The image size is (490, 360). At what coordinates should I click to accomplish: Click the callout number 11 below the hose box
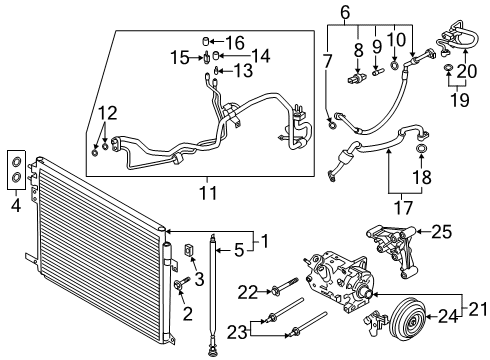[x=208, y=193]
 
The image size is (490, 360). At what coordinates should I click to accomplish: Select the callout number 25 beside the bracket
[x=442, y=232]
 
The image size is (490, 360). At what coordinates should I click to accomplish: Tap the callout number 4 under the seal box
[x=16, y=205]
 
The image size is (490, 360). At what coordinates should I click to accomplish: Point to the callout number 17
[x=403, y=207]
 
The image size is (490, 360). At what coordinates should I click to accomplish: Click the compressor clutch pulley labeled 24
[x=408, y=316]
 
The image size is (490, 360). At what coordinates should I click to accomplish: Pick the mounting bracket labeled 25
[x=392, y=250]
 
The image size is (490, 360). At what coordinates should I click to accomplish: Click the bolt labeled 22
[x=284, y=287]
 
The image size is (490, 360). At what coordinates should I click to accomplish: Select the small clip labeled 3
[x=189, y=250]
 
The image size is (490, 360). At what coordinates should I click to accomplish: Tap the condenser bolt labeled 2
[x=181, y=283]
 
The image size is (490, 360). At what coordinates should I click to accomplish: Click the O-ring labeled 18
[x=421, y=148]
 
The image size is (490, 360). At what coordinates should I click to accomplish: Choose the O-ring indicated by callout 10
[x=394, y=65]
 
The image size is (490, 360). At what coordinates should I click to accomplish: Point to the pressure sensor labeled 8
[x=355, y=79]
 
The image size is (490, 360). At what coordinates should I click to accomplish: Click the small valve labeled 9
[x=378, y=71]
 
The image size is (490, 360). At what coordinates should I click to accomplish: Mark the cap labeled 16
[x=206, y=41]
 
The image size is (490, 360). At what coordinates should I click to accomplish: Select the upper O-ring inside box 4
[x=16, y=162]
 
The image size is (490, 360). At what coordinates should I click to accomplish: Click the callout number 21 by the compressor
[x=478, y=309]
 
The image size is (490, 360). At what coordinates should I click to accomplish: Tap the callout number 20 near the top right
[x=467, y=71]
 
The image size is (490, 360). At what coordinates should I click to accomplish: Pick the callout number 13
[x=243, y=70]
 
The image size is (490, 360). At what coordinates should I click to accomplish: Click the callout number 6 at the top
[x=345, y=12]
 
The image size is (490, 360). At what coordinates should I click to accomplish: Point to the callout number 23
[x=237, y=332]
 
